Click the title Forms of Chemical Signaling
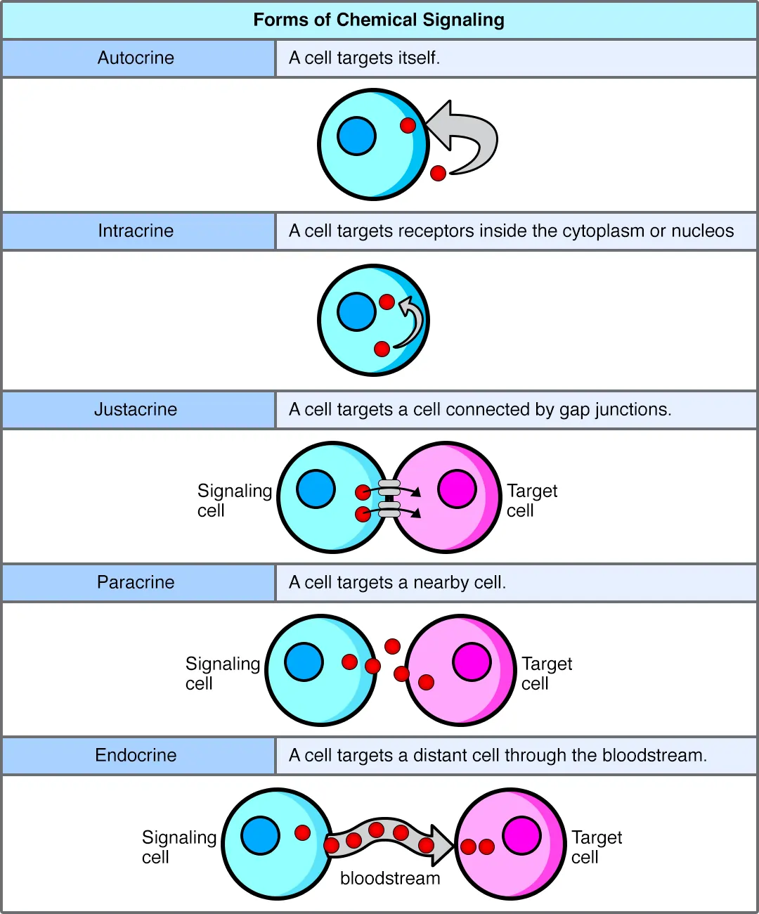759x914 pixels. [379, 20]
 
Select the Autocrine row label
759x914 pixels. [136, 58]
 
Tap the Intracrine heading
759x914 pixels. [136, 231]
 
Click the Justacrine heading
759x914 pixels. [136, 409]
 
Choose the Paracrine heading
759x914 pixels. [136, 582]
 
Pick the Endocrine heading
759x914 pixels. [136, 755]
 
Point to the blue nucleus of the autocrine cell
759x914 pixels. [356, 136]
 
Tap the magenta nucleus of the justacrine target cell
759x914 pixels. [457, 489]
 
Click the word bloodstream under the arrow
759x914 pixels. [390, 878]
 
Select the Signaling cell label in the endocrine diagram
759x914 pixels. [178, 847]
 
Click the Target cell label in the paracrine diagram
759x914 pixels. [546, 673]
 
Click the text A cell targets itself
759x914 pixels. [364, 58]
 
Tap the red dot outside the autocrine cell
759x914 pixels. [438, 173]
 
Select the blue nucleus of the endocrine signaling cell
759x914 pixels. [260, 835]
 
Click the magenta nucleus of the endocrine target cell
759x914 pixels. [521, 835]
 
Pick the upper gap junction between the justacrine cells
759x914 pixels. [389, 487]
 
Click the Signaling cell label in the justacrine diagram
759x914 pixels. [233, 500]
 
